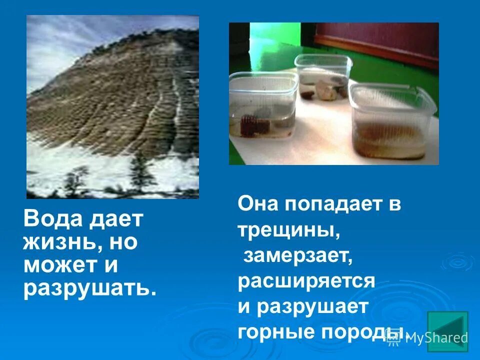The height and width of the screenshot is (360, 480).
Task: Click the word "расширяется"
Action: point(306,281)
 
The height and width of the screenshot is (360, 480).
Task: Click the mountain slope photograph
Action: point(112,107)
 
